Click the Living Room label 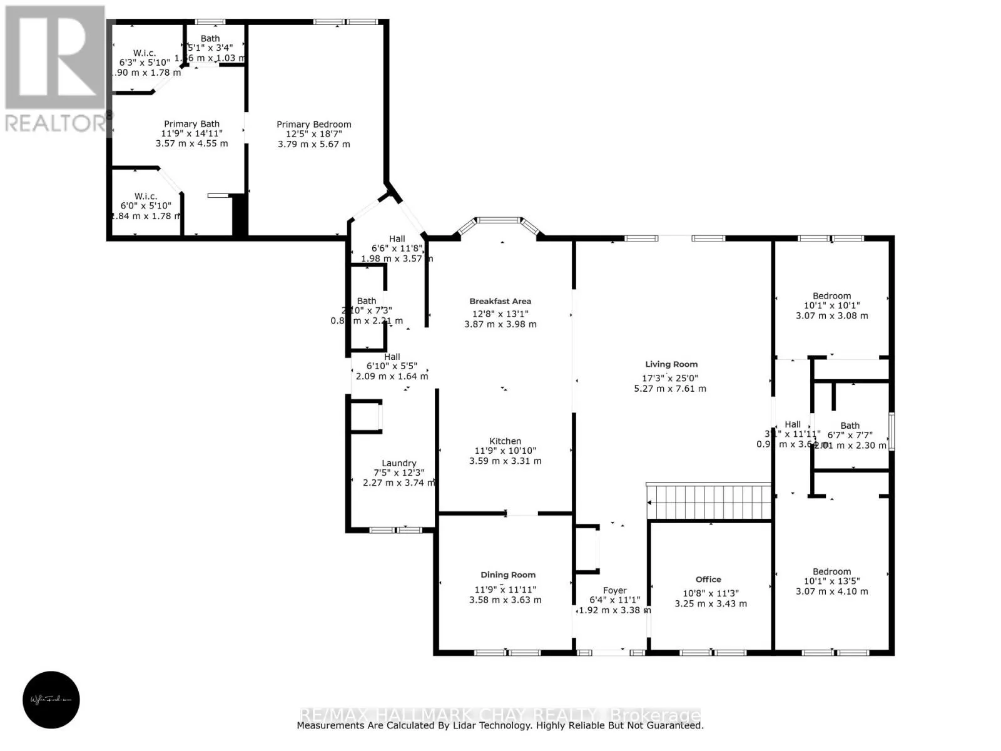click(671, 364)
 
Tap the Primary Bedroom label click(314, 125)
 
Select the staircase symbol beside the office click(709, 502)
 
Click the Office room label click(708, 580)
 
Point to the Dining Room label click(508, 575)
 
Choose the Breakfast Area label click(500, 301)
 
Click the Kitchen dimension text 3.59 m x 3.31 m click(506, 461)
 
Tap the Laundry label click(399, 463)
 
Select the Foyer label click(614, 590)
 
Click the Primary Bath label click(191, 124)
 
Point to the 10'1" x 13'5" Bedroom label click(831, 571)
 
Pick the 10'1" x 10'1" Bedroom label click(831, 296)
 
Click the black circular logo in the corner click(51, 700)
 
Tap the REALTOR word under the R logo click(55, 123)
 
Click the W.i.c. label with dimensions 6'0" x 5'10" click(145, 197)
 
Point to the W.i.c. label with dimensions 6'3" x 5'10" click(145, 53)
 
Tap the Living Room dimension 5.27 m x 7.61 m click(670, 389)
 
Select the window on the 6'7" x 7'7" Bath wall click(892, 431)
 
